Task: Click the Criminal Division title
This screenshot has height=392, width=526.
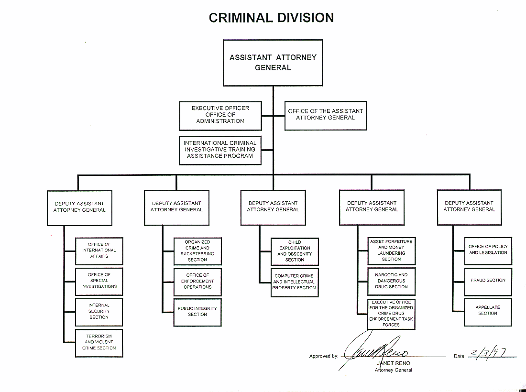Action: [x=271, y=18]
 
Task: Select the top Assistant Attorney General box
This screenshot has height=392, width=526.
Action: [x=273, y=63]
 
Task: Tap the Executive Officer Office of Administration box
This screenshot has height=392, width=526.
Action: [x=220, y=115]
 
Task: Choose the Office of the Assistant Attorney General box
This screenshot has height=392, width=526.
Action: [x=326, y=115]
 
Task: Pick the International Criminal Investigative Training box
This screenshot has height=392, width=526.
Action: [x=220, y=150]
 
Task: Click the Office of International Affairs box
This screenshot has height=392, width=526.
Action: [x=99, y=250]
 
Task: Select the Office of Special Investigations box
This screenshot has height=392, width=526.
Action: [x=99, y=281]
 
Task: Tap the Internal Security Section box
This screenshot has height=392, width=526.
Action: [x=99, y=312]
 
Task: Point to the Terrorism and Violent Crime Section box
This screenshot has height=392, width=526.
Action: [x=99, y=342]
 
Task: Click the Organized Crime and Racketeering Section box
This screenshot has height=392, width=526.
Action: [x=197, y=251]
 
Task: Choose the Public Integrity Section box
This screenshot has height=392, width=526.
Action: [x=197, y=312]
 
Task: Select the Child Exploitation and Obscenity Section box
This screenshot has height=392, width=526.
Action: [x=295, y=251]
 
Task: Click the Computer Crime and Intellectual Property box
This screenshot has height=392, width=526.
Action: [x=295, y=282]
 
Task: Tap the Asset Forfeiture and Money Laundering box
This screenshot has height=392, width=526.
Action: [x=391, y=250]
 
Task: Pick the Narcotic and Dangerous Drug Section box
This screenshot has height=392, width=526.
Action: [x=391, y=281]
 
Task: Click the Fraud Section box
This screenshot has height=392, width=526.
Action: [x=488, y=281]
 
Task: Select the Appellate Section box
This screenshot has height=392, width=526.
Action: [x=488, y=311]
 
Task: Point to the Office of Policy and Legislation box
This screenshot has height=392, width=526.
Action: [x=488, y=250]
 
